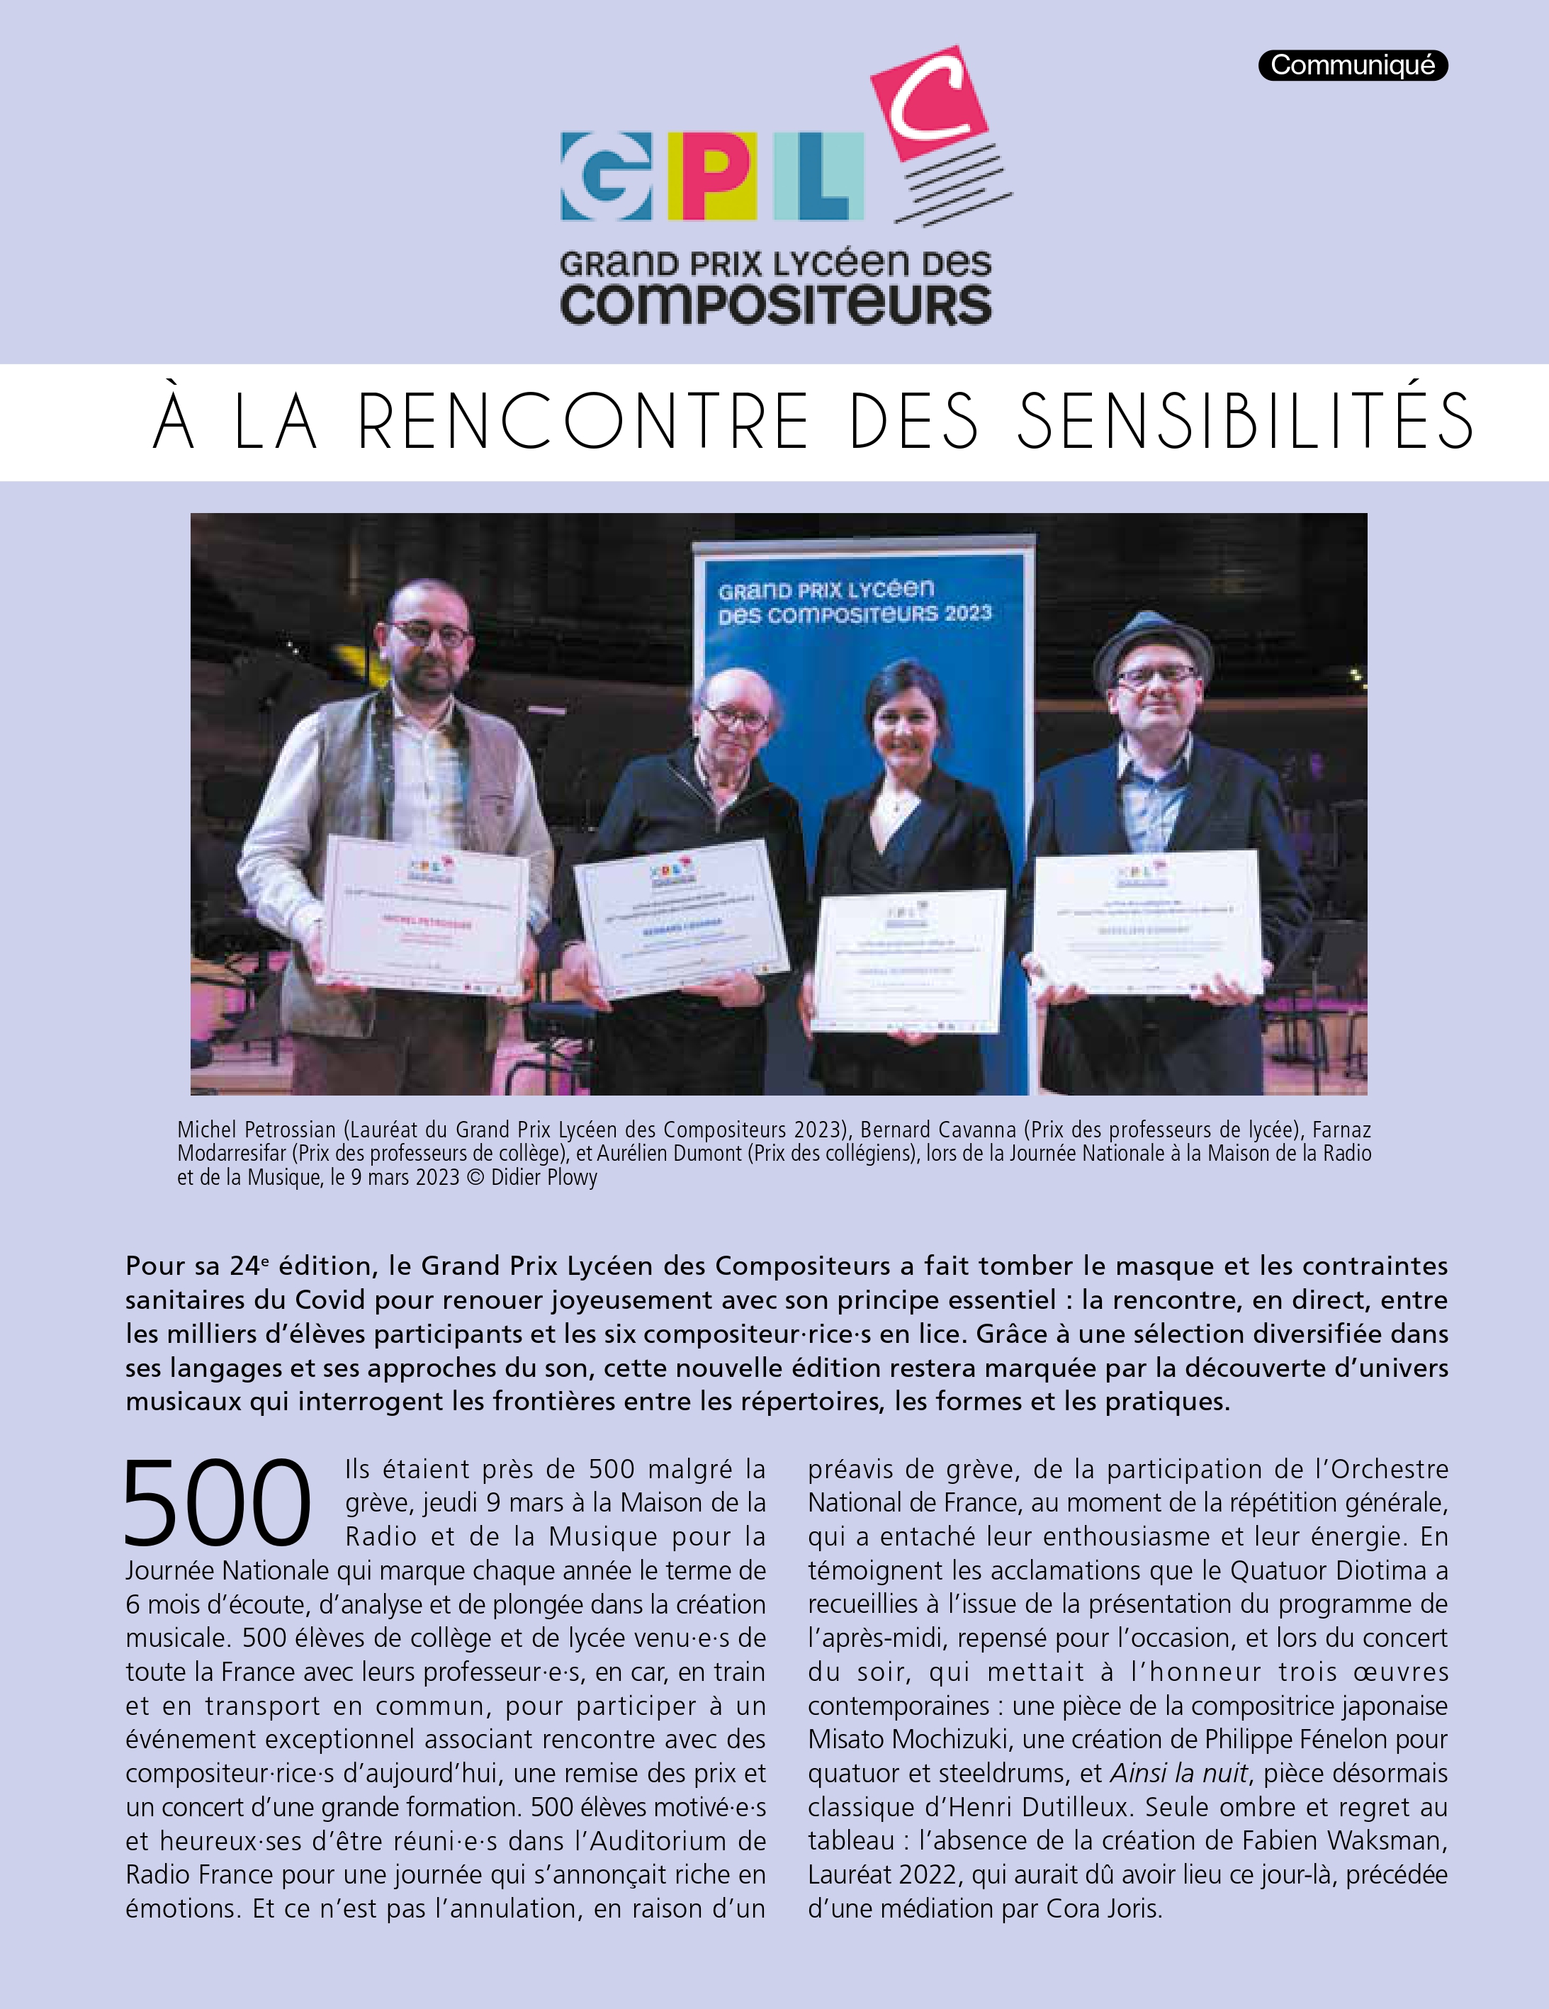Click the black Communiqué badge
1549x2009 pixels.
point(1352,65)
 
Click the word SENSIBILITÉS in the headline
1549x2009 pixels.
point(1244,422)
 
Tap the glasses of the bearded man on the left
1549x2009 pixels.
point(429,633)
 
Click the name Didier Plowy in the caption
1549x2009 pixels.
point(543,1178)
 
